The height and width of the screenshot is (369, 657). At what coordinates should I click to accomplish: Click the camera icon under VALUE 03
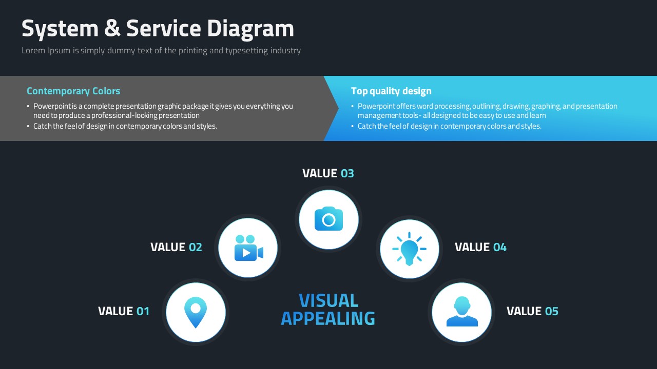point(328,219)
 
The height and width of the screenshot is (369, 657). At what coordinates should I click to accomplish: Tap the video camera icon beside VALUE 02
point(249,248)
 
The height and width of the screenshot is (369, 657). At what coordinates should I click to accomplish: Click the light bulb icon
point(409,249)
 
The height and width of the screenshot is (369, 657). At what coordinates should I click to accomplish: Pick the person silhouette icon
point(462,311)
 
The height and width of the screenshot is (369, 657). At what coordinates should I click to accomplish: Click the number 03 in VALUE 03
point(347,173)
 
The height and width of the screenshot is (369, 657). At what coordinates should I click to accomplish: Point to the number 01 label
point(143,311)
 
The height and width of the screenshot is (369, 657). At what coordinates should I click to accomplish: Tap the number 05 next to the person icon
point(552,311)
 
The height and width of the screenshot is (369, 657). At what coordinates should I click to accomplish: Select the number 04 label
point(500,247)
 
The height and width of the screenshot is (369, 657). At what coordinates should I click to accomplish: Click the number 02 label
point(196,247)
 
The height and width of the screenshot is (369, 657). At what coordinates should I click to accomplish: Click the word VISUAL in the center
point(328,301)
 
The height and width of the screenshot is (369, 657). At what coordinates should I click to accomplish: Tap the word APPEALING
point(328,319)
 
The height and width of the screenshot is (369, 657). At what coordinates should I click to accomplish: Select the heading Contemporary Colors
point(73,91)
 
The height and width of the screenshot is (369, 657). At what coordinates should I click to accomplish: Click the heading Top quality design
point(391,91)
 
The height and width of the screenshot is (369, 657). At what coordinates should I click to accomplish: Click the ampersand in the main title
point(112,28)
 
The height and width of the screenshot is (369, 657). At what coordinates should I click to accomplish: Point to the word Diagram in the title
point(250,29)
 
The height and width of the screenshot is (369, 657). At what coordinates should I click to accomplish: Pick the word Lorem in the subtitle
point(33,50)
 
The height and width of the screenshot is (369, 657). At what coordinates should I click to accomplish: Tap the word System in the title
point(60,29)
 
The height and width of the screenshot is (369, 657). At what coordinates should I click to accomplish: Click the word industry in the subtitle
point(285,51)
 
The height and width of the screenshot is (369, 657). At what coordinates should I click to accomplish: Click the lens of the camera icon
point(328,220)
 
